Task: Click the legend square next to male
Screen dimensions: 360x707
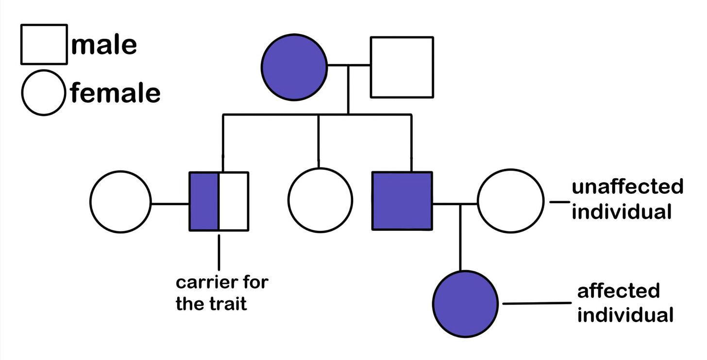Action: [x=44, y=44]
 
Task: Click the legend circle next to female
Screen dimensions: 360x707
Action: [x=43, y=93]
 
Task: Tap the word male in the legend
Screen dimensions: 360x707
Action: [x=104, y=45]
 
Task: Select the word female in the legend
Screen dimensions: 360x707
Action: [x=115, y=92]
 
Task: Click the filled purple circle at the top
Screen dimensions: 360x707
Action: [x=294, y=67]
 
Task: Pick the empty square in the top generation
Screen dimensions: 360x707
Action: [x=402, y=67]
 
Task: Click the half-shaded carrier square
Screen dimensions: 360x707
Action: [x=219, y=201]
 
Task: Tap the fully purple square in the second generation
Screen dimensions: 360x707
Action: [x=402, y=201]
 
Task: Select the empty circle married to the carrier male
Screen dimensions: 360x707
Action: [x=120, y=201]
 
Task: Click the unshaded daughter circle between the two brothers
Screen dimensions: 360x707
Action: [x=320, y=200]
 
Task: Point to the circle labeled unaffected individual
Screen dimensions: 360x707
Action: [x=510, y=201]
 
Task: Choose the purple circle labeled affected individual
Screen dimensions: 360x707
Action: [x=466, y=304]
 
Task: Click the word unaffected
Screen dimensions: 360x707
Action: [x=627, y=187]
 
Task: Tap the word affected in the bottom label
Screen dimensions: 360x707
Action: [x=618, y=291]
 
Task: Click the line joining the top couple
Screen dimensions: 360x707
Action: [x=349, y=65]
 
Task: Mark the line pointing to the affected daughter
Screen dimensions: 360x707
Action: [x=537, y=304]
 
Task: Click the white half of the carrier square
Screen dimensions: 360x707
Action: [x=234, y=201]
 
